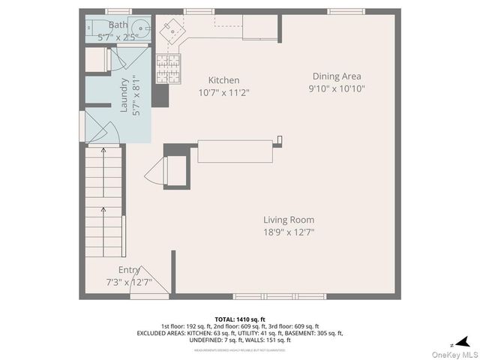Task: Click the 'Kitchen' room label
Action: click(x=223, y=80)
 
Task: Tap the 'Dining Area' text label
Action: click(x=337, y=76)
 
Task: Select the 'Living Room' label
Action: click(x=288, y=220)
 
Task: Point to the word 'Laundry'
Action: click(x=124, y=95)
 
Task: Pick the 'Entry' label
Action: click(x=129, y=269)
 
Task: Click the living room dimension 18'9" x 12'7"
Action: click(x=288, y=232)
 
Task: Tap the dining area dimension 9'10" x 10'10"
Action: click(x=337, y=88)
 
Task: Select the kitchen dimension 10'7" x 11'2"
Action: click(x=223, y=92)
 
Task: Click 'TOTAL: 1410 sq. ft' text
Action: click(x=239, y=318)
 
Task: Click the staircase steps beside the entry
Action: click(x=103, y=202)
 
